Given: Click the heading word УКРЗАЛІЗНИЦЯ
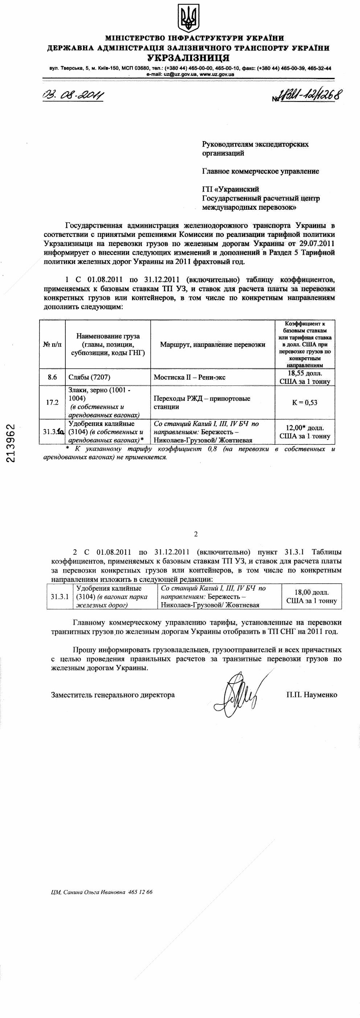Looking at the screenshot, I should (x=188, y=58).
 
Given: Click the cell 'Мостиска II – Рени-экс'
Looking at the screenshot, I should (x=190, y=377).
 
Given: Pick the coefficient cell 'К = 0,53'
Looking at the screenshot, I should (x=305, y=402).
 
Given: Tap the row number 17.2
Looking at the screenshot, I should (x=52, y=402).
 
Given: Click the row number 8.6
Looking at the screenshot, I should (x=52, y=377).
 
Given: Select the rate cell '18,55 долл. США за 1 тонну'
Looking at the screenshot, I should (x=305, y=377).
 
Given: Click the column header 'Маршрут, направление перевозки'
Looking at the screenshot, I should (x=213, y=344).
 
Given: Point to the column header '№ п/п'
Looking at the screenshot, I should (x=52, y=344).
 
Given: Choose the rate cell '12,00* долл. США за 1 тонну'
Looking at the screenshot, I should (x=305, y=432).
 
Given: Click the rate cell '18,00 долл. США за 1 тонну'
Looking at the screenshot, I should (x=311, y=596).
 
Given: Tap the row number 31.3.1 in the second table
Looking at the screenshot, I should (x=60, y=596).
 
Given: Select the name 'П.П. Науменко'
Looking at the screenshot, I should (x=312, y=694).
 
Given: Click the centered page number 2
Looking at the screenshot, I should (x=196, y=534).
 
